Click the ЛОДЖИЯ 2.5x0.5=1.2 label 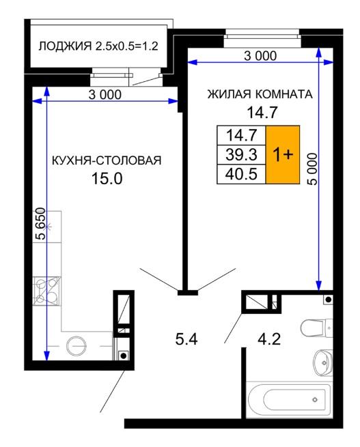coord(98,46)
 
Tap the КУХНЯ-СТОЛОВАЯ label coord(107,160)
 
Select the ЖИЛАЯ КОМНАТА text coord(260,94)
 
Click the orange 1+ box coord(283,154)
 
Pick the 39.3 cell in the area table coord(241,154)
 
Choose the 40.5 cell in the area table coord(241,174)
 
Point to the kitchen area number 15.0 coord(107,178)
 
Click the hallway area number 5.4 coord(186,339)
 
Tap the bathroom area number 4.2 coord(269,339)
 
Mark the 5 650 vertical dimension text coord(40,224)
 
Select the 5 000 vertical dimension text coord(312,169)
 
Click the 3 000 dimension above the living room coord(260,56)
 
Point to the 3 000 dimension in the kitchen coord(105,94)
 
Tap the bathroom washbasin coord(323,362)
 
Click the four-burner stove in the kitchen coord(46,291)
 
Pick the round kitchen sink coord(76,345)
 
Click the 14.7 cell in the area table coord(241,135)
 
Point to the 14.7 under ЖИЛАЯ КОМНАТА coord(262,112)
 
